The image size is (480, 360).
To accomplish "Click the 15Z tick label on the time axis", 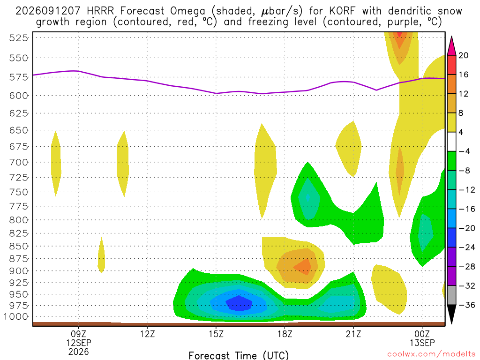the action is pos(216,334).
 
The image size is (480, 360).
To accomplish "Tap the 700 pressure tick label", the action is pos(19,162).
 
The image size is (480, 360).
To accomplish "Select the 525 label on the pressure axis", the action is pos(19,38).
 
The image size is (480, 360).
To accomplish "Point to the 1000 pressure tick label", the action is pos(16,316).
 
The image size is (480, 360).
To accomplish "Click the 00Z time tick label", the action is pos(422,334).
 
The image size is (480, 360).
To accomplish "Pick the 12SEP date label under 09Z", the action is pos(79,343).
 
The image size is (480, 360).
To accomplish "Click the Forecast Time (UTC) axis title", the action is pos(239,355).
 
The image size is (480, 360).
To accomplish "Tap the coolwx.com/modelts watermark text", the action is pos(431,354).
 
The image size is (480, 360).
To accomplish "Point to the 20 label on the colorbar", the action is pos(463,55).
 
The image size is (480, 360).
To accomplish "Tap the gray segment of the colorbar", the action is pos(451,295).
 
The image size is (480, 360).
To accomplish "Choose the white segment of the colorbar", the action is pos(451,142).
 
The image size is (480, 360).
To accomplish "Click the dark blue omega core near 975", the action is pos(239,303).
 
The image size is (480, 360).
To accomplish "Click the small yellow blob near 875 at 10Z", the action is pos(101,255).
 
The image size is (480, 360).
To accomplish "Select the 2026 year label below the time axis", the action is pos(79,352).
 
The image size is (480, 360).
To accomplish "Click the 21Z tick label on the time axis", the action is pos(353,334).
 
